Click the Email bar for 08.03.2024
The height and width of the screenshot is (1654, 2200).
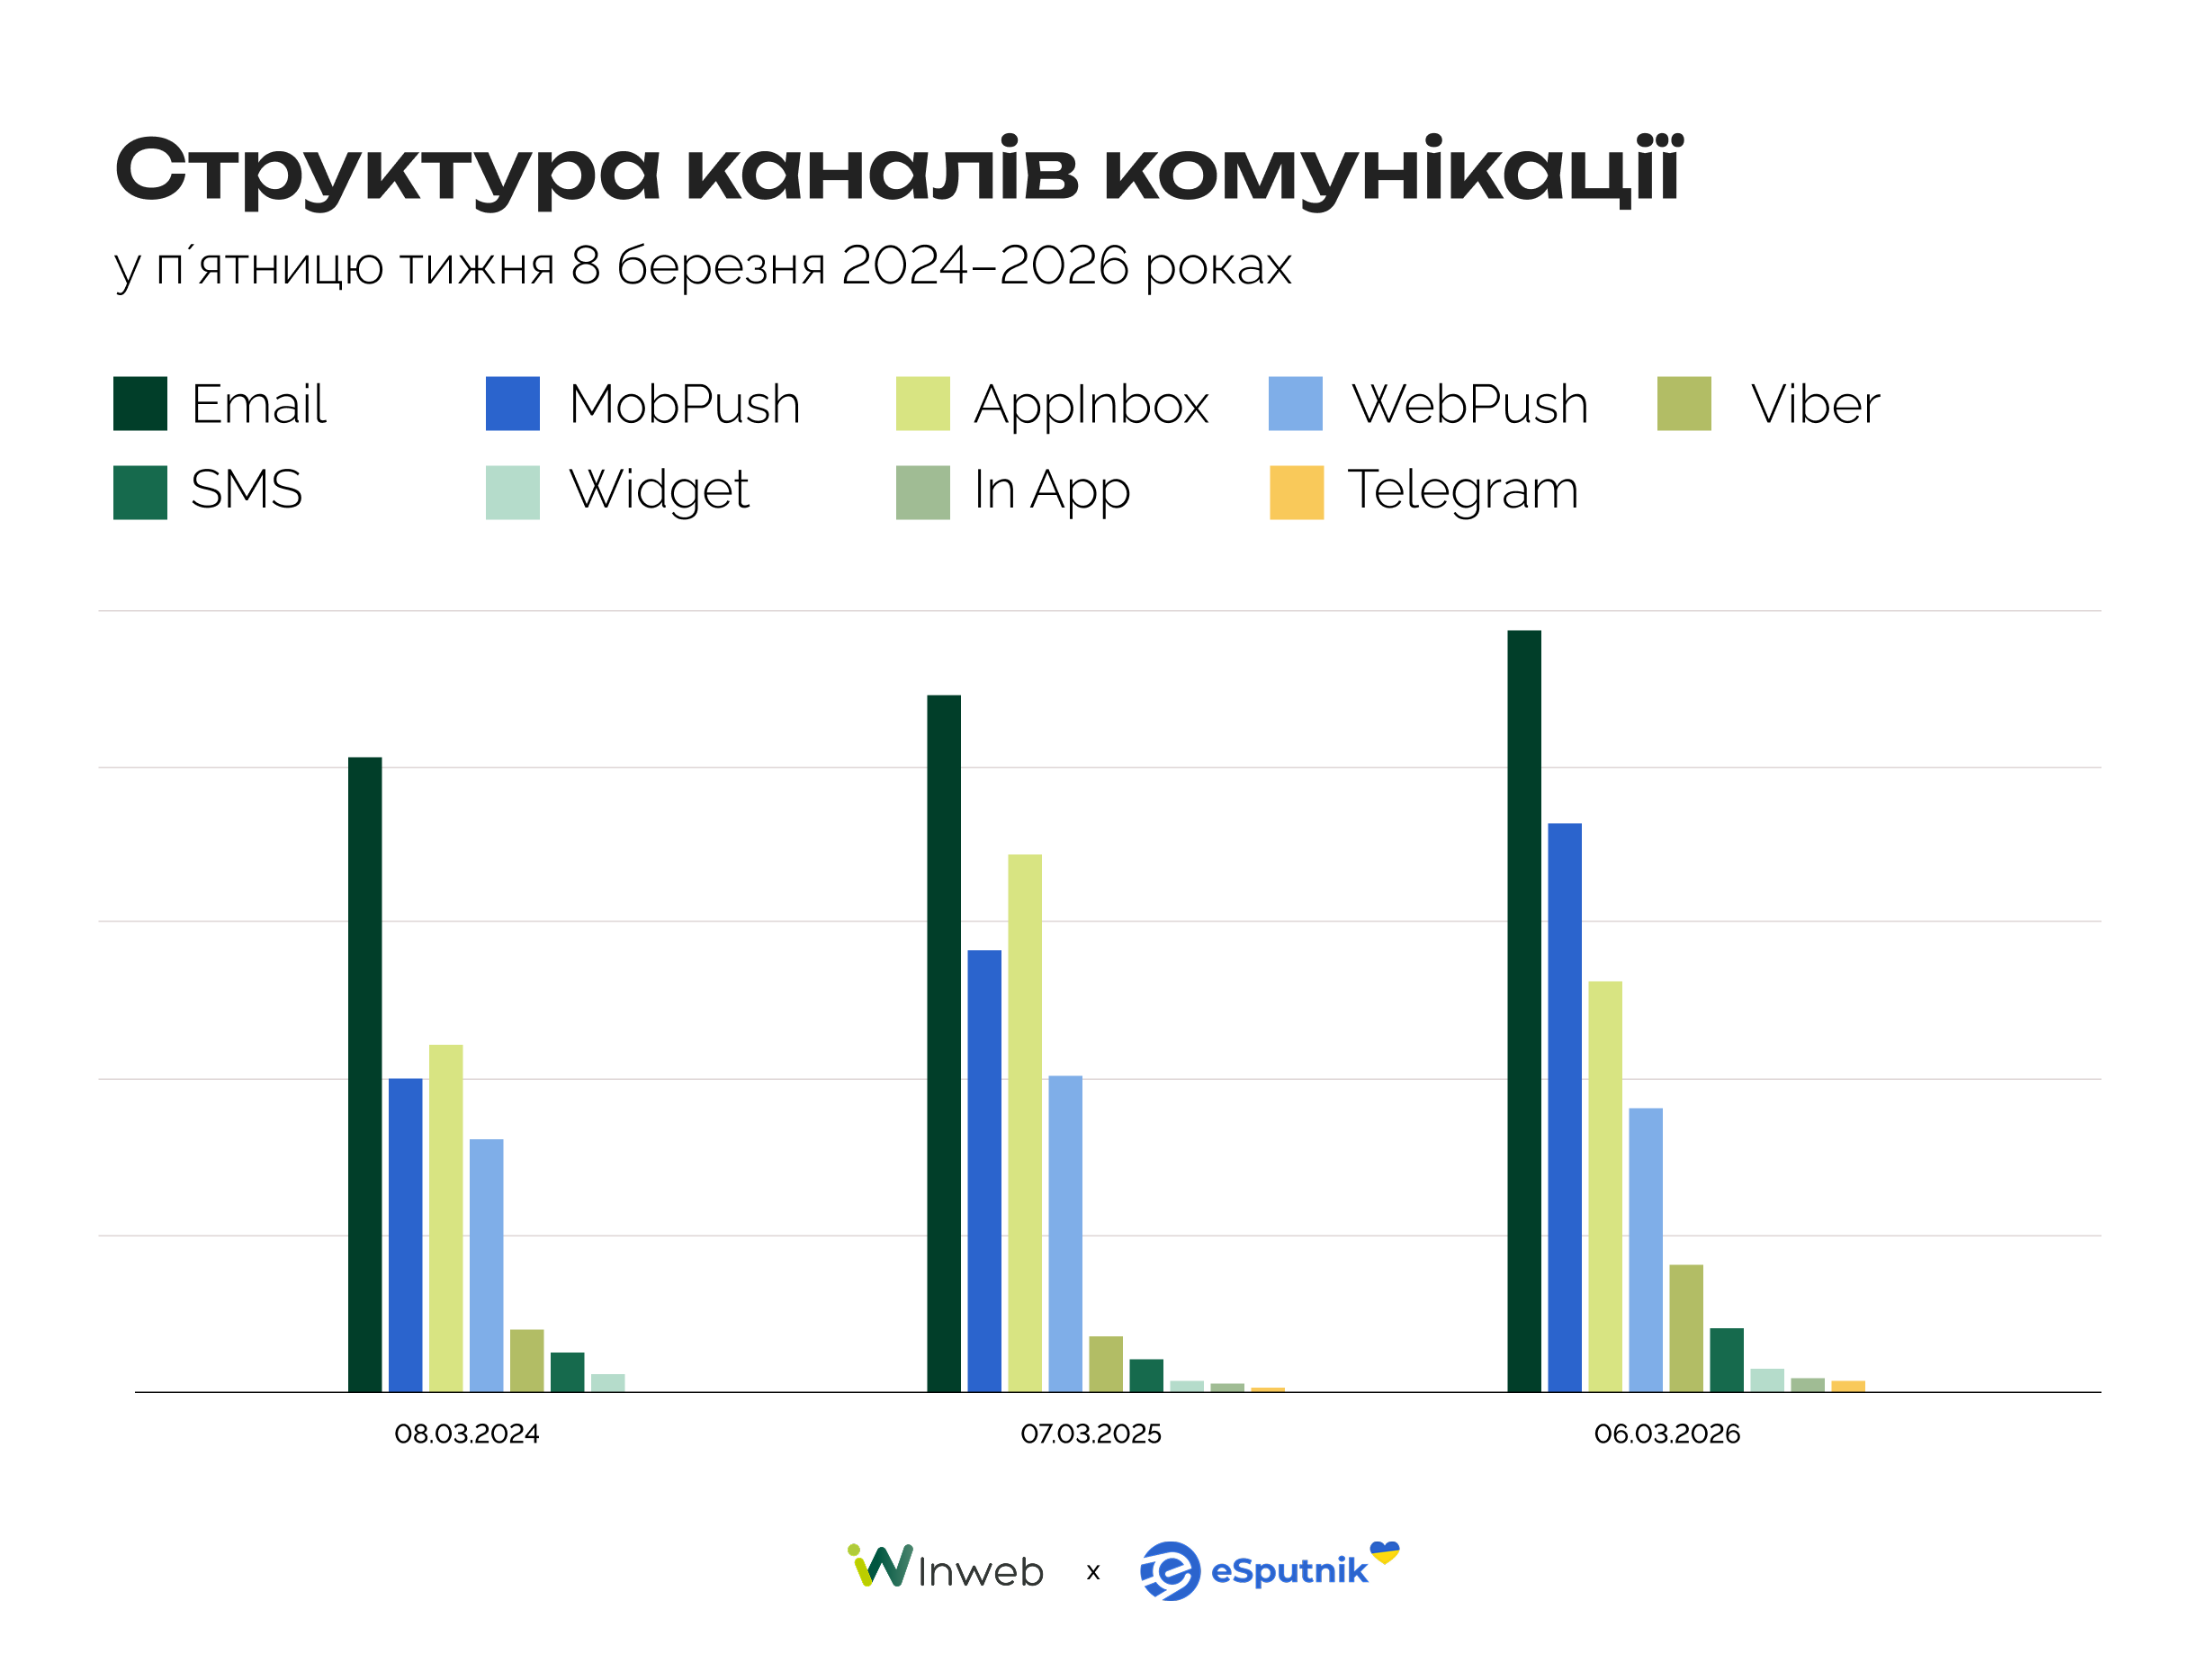coord(365,1074)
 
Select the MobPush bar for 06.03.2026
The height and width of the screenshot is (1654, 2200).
coord(1565,1107)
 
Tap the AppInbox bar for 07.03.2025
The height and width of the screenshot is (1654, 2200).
coord(1024,1123)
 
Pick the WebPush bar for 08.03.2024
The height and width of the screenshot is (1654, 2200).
coord(487,1265)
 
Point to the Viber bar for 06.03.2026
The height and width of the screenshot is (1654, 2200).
coord(1686,1327)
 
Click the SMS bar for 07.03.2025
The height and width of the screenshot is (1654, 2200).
coord(1145,1376)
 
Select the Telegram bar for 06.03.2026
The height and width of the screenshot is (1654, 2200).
coord(1848,1387)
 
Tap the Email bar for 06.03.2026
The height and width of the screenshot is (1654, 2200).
coord(1523,1011)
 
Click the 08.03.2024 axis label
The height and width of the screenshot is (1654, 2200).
coord(466,1434)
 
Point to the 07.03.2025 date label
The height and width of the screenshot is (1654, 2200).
coord(1090,1434)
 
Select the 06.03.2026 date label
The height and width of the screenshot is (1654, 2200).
coord(1667,1434)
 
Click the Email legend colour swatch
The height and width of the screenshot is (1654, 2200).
coord(140,404)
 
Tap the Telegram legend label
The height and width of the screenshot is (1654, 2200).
coord(1462,490)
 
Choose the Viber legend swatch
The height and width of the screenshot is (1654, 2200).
coord(1684,404)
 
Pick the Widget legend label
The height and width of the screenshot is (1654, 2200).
coord(659,490)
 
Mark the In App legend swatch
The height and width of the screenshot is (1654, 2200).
coord(922,492)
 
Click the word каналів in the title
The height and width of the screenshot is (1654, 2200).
coord(881,171)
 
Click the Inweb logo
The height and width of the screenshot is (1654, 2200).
coord(945,1569)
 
